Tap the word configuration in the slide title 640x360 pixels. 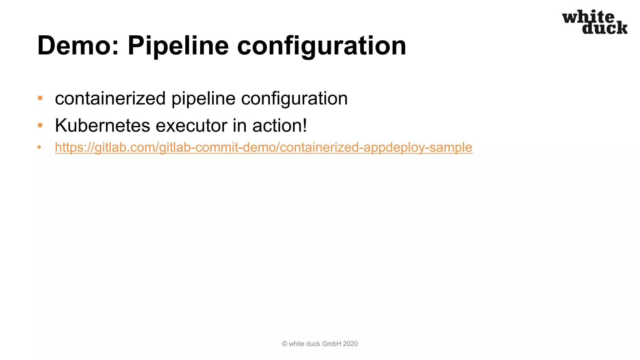(x=322, y=46)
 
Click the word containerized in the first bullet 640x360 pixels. (x=110, y=98)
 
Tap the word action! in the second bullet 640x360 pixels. (x=280, y=126)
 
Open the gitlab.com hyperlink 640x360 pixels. (x=263, y=147)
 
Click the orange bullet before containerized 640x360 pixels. (x=40, y=98)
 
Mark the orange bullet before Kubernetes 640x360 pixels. (x=40, y=125)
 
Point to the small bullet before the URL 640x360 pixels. (x=39, y=147)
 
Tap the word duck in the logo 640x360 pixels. (x=605, y=28)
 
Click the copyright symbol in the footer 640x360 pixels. (x=284, y=344)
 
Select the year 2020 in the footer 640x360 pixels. (x=350, y=344)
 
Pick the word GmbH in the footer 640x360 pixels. (x=332, y=344)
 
